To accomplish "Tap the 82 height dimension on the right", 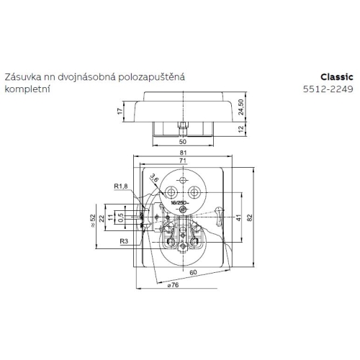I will click(249, 217).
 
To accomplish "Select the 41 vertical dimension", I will click(238, 217).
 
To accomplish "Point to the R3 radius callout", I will click(125, 242).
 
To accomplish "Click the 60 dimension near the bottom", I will click(193, 274).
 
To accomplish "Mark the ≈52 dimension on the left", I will click(93, 218).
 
